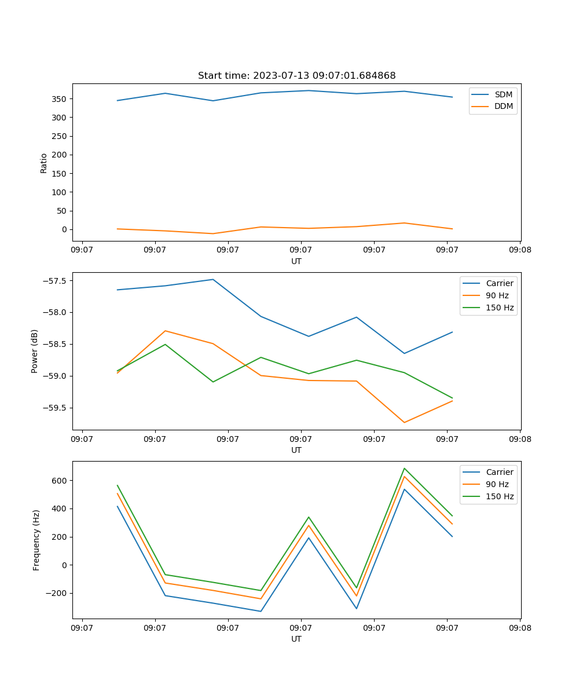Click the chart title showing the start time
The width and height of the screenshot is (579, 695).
tap(296, 76)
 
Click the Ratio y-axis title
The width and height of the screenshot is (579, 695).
tap(43, 163)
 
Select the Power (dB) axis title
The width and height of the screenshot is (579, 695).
tap(35, 351)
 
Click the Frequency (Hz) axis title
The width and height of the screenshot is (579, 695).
tap(36, 540)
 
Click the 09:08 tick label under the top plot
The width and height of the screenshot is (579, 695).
tap(520, 250)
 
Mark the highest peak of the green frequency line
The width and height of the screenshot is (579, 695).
tap(404, 469)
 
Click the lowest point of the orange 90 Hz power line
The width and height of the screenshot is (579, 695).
tap(404, 422)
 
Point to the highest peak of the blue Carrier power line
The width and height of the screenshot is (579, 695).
tap(213, 279)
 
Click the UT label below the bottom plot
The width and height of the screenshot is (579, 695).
tap(296, 639)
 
